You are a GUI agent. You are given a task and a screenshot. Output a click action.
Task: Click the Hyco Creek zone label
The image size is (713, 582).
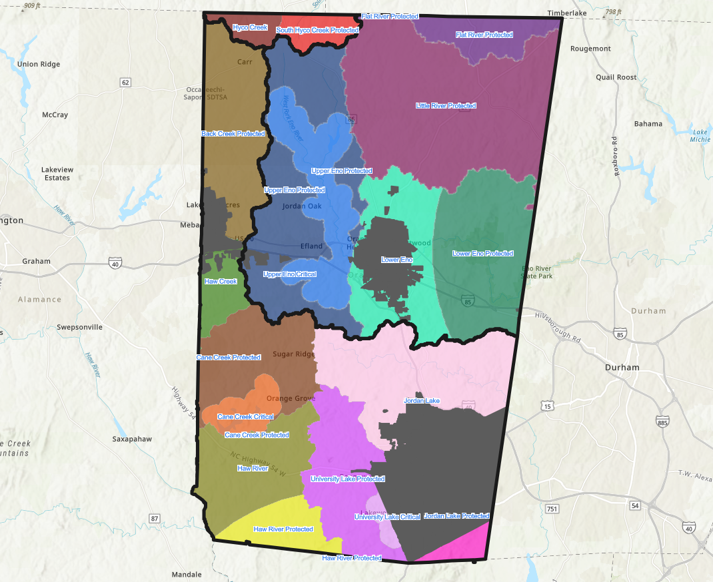250,27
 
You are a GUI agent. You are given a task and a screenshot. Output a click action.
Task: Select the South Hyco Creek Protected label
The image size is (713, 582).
317,30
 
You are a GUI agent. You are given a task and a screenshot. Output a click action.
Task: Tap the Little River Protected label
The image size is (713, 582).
446,106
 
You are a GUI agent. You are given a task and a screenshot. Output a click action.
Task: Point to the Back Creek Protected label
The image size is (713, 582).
233,134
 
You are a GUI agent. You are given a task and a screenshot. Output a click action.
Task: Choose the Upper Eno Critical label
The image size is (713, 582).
289,274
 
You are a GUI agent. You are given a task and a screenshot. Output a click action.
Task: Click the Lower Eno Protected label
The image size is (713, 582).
482,254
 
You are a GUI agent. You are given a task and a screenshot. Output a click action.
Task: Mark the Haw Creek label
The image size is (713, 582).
221,282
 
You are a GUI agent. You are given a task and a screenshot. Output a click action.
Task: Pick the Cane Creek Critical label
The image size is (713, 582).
245,417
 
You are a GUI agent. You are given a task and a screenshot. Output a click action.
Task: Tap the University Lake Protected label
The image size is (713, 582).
347,479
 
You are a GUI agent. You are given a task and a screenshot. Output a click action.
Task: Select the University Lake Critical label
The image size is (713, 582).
387,517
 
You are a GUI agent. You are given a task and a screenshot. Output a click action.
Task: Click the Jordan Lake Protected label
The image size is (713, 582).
456,516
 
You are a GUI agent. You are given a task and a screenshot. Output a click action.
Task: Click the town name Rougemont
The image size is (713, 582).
590,49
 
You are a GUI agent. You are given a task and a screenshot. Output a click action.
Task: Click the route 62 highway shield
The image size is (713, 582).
125,83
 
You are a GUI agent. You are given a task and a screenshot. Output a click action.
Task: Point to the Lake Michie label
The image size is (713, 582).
700,136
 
